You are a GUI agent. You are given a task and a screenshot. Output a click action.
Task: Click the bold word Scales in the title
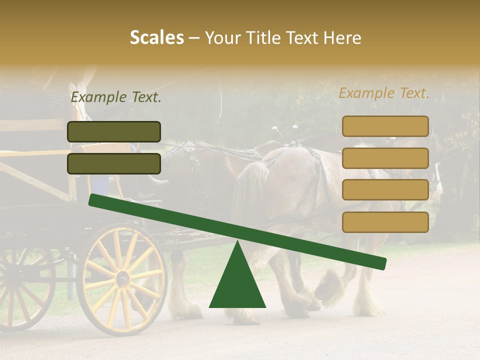click(156, 38)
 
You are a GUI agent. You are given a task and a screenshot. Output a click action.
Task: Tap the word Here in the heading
click(342, 38)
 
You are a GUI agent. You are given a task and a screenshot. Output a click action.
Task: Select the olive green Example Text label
click(116, 97)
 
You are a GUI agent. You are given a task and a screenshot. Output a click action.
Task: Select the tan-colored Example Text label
click(384, 93)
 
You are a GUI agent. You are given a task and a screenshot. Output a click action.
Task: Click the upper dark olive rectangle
click(114, 131)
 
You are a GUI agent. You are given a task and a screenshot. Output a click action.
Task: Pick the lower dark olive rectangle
click(114, 163)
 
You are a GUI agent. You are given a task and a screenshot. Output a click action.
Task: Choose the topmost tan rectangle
click(385, 126)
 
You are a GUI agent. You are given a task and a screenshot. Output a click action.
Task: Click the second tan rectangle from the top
click(385, 158)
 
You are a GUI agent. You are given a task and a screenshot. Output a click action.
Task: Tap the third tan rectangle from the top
click(385, 190)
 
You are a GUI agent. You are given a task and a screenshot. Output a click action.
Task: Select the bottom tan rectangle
click(385, 222)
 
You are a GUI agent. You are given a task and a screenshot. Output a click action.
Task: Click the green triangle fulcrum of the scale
click(237, 282)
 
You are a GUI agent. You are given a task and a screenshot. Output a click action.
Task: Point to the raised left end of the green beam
click(93, 200)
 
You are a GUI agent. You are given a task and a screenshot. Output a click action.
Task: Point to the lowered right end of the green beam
click(382, 263)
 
